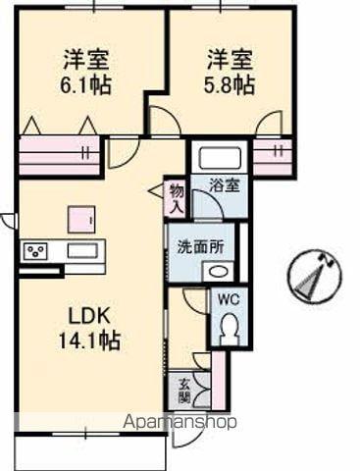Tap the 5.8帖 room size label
pos(231,84)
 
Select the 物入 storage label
pos(176,198)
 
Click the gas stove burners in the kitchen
pos(36,251)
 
